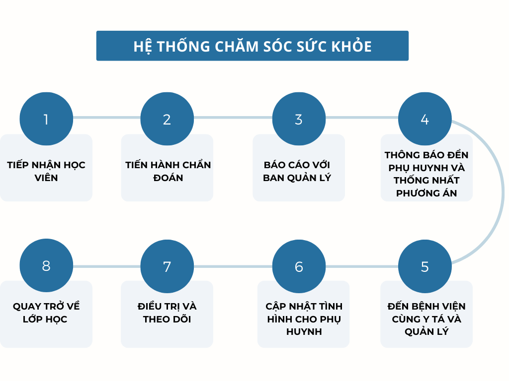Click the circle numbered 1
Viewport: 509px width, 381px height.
pos(46,119)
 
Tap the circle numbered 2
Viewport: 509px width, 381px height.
pos(167,119)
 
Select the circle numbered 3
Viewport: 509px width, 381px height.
pos(299,119)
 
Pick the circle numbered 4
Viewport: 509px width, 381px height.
pos(424,119)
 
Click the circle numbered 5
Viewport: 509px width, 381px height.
pos(424,266)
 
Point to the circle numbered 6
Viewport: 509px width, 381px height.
pos(299,266)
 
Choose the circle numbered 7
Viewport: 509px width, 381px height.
pos(167,266)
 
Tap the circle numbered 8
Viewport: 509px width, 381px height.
pos(46,266)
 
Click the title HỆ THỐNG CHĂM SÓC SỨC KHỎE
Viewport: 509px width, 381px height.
pos(253,46)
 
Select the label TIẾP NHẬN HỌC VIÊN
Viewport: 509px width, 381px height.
pos(46,171)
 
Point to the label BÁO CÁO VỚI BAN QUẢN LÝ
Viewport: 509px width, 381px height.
pos(297,171)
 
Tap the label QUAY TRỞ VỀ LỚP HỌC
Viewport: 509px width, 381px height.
pos(46,313)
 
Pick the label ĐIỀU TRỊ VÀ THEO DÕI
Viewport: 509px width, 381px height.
pos(167,313)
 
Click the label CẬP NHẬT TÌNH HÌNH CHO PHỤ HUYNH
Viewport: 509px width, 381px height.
pos(304,318)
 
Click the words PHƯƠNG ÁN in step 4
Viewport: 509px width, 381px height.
pos(426,193)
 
